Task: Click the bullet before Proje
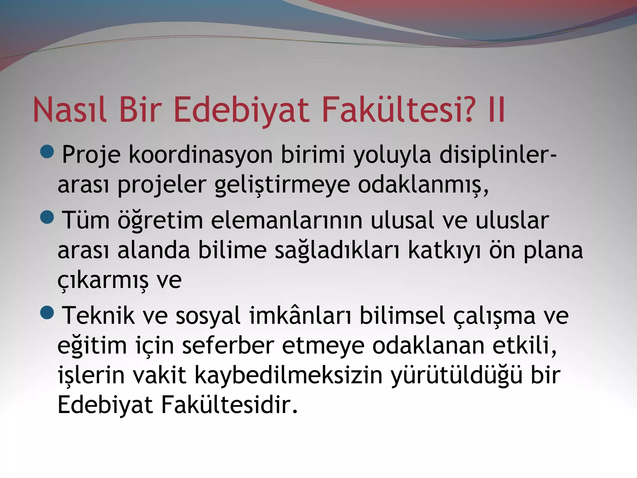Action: tap(47, 152)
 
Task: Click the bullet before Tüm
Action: tap(47, 217)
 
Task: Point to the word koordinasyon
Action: tap(201, 155)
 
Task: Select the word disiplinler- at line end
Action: tap(498, 155)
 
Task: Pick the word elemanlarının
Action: tap(287, 220)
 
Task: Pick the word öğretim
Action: tap(160, 220)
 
